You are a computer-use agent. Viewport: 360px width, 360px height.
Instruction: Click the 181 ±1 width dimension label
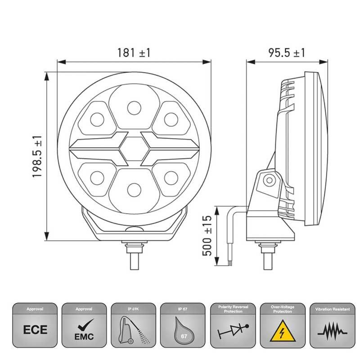134,53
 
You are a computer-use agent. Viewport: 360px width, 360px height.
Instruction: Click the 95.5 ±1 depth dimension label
287,53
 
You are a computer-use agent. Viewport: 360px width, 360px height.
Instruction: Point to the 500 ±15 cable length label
207,234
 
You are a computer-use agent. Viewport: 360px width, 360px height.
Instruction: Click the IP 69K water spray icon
134,332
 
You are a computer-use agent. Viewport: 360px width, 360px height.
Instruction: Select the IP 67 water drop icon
183,332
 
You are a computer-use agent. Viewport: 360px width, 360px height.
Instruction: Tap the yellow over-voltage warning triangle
282,333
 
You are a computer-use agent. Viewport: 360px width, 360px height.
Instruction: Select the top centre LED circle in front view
134,108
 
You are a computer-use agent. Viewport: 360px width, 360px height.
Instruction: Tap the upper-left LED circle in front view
97,119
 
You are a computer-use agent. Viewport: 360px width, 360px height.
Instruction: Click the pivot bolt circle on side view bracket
269,180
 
